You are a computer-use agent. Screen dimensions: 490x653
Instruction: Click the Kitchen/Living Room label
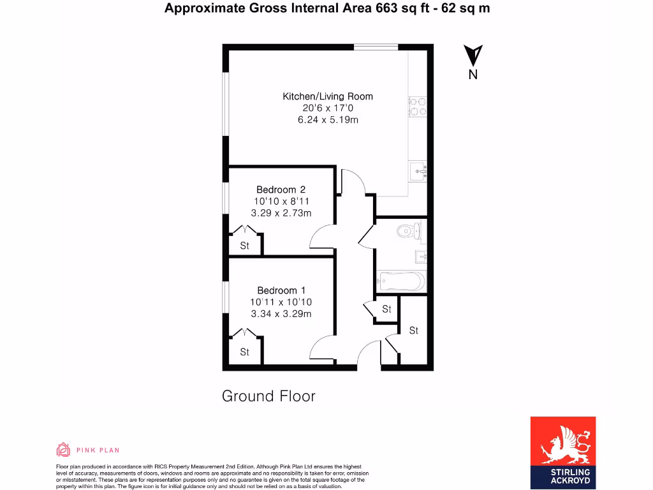point(328,96)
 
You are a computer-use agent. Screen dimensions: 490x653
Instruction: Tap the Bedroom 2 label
point(281,189)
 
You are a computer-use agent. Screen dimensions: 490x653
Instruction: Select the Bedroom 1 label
point(281,290)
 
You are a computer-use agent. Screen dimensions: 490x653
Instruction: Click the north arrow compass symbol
point(473,57)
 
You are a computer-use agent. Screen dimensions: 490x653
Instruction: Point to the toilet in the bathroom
point(406,230)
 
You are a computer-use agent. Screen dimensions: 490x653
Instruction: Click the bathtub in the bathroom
point(400,281)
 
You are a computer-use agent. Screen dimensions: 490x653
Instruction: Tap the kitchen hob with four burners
point(418,107)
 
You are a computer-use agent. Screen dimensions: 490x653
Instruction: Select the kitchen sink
point(418,170)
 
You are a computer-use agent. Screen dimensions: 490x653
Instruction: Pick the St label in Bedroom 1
point(244,352)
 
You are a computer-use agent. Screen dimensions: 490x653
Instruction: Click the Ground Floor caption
point(268,396)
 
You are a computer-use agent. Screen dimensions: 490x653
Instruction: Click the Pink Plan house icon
point(63,450)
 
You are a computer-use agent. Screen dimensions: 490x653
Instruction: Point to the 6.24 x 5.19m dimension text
point(328,120)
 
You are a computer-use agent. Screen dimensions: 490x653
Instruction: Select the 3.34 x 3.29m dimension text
point(281,314)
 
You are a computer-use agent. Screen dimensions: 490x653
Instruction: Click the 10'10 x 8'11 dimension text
point(281,201)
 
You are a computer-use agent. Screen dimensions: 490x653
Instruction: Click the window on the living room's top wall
point(376,47)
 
